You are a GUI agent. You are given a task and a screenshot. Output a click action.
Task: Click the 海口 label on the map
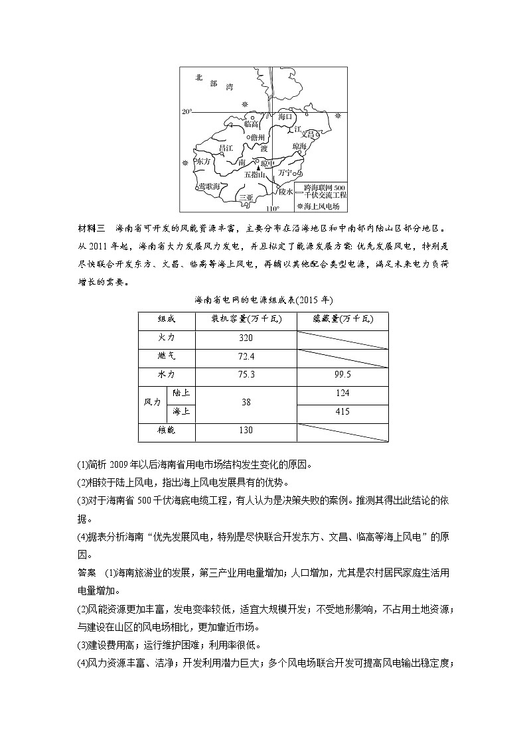pyautogui.click(x=285, y=117)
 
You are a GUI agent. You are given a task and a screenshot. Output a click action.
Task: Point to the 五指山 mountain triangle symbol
pyautogui.click(x=259, y=168)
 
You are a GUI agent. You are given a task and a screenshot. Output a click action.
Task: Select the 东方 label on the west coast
pyautogui.click(x=202, y=161)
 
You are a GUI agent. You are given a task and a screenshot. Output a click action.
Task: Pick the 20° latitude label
pyautogui.click(x=187, y=111)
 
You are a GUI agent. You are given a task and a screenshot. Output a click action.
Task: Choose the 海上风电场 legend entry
pyautogui.click(x=321, y=206)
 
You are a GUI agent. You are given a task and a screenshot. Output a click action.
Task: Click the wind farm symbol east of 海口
pyautogui.click(x=338, y=115)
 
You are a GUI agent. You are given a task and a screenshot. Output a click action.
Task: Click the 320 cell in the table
pyautogui.click(x=246, y=338)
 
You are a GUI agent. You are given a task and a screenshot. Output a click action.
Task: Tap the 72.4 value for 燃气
pyautogui.click(x=246, y=356)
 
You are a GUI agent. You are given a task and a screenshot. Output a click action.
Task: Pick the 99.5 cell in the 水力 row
pyautogui.click(x=342, y=375)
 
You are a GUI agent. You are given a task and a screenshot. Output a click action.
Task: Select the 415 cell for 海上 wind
pyautogui.click(x=342, y=412)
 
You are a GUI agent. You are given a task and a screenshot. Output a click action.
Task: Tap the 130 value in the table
pyautogui.click(x=246, y=431)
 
